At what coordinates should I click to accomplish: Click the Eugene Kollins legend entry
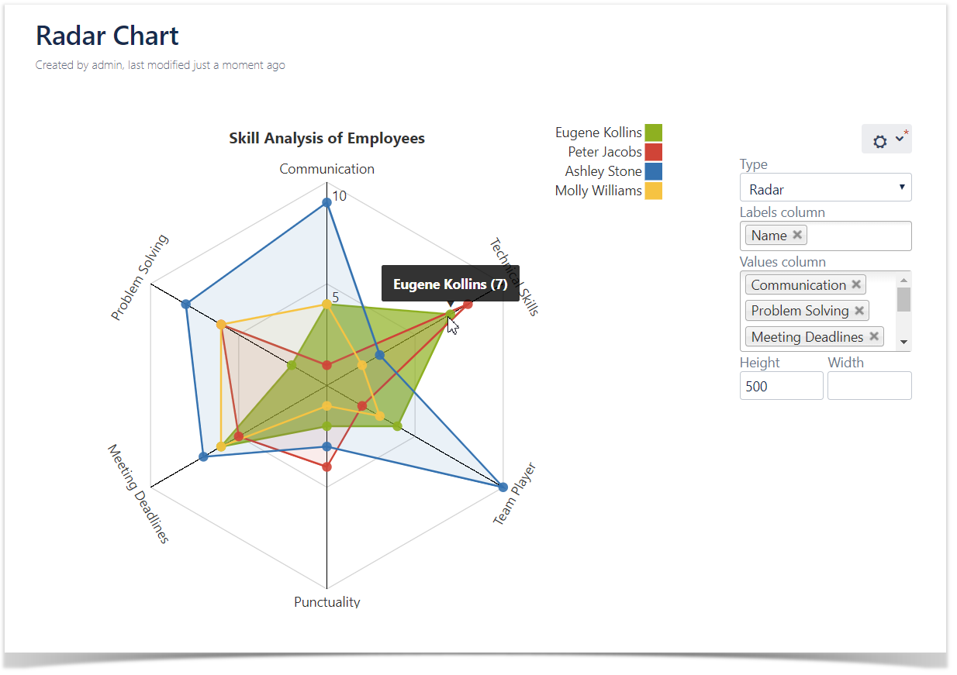599,133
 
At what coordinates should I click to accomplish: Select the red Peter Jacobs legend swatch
654,152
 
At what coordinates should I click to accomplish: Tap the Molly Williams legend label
598,191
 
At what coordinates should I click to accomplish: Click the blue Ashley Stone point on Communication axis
326,201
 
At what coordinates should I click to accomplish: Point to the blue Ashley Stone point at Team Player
503,487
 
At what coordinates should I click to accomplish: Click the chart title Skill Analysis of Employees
326,139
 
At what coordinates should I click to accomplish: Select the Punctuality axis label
326,602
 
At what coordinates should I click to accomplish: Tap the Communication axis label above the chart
326,169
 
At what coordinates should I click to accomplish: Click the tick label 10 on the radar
340,196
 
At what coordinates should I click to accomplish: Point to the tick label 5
336,298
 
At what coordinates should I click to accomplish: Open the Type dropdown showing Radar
825,188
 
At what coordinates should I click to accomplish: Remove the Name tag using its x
797,235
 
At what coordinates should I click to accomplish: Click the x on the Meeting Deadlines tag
874,336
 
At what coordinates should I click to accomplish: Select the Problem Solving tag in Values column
800,311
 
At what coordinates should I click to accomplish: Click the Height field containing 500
781,386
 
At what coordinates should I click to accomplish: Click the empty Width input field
869,386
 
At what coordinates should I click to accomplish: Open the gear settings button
886,140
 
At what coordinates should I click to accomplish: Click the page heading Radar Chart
107,36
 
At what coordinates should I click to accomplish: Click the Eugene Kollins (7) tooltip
450,284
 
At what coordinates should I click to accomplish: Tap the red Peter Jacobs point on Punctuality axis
326,467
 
